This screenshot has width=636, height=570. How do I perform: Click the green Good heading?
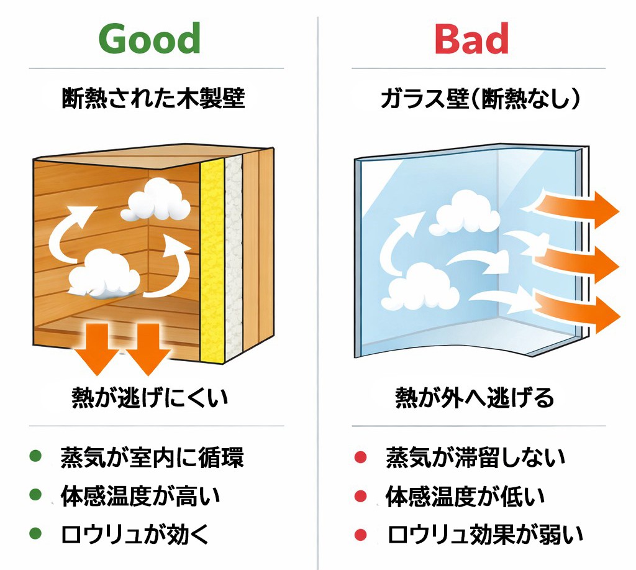(x=150, y=39)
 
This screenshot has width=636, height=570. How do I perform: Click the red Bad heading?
(x=472, y=39)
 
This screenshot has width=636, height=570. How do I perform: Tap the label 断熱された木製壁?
(x=153, y=98)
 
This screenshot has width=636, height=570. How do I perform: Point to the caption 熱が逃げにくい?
(x=150, y=398)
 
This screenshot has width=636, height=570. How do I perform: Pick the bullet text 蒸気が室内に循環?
(x=152, y=458)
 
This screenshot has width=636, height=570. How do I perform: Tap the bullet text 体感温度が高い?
(x=140, y=495)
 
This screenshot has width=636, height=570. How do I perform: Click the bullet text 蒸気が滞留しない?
(x=476, y=458)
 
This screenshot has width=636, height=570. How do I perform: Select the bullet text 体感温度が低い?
(x=465, y=495)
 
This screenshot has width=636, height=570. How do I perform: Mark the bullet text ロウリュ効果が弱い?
(x=485, y=533)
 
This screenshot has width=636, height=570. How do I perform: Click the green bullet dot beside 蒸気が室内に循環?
(x=35, y=457)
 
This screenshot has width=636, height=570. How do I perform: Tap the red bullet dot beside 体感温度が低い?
(x=360, y=496)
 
